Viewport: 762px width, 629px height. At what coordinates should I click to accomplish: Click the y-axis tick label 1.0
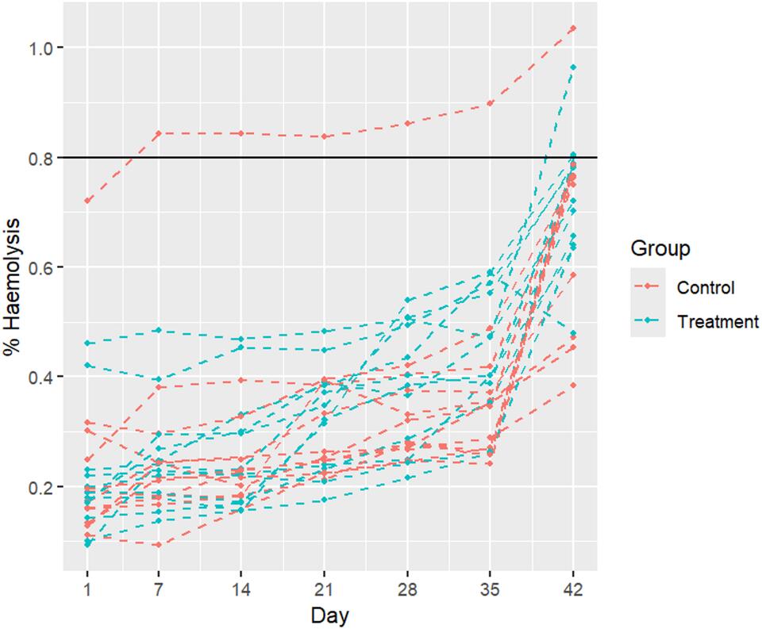point(40,48)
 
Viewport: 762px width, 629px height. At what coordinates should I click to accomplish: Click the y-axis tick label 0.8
point(40,158)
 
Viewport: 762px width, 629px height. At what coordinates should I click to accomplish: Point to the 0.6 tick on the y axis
point(40,267)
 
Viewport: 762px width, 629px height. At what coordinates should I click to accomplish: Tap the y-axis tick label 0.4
point(40,377)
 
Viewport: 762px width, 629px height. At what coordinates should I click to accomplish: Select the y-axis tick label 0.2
point(40,486)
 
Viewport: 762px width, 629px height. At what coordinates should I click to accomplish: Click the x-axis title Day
point(329,614)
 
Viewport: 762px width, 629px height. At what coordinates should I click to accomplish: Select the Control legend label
point(706,286)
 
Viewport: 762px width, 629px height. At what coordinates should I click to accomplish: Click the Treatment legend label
point(718,321)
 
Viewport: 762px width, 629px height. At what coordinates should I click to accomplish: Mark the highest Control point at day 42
point(572,29)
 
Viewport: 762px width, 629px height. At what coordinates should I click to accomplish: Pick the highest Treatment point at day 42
point(572,67)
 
